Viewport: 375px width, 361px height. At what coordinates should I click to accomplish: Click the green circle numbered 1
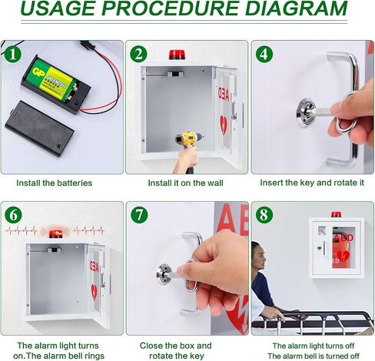click(12, 55)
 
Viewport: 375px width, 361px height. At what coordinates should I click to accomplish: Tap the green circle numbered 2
click(138, 55)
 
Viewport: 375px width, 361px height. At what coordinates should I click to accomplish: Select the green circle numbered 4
click(264, 55)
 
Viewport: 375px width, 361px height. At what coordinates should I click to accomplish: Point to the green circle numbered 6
click(13, 215)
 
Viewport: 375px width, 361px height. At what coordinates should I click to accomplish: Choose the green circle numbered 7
click(139, 215)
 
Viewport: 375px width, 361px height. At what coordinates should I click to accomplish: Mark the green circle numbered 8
click(264, 215)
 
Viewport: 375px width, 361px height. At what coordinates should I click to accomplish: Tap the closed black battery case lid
click(40, 128)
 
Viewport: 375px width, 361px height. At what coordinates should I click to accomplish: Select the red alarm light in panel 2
click(177, 55)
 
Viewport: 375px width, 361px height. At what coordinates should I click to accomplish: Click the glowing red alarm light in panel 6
click(55, 233)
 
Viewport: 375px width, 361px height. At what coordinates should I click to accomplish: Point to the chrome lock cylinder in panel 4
click(307, 113)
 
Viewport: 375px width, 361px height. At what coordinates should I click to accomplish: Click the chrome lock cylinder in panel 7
click(164, 274)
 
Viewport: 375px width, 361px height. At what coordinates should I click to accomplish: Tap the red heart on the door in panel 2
click(224, 124)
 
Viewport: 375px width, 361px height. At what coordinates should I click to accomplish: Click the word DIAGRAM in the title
click(297, 8)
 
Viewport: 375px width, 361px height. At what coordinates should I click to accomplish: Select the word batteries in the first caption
click(75, 183)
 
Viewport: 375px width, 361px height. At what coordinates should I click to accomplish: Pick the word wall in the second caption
click(214, 183)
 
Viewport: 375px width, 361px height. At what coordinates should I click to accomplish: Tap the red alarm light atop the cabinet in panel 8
click(337, 214)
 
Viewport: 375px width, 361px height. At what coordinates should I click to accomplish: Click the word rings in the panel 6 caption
click(95, 356)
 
